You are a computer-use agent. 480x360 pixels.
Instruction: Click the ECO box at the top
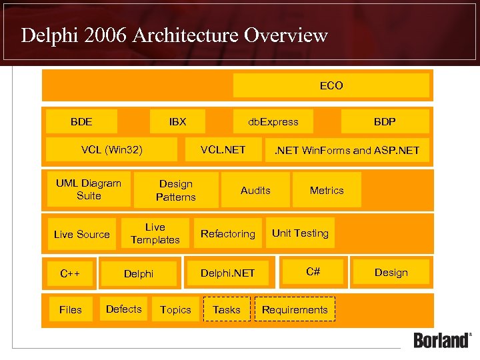click(x=331, y=85)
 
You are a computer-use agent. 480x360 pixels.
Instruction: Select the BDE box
click(x=81, y=121)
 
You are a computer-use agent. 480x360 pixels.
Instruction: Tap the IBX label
click(x=177, y=121)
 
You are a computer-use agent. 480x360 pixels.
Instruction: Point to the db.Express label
click(x=273, y=121)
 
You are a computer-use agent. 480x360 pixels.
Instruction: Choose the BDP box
click(x=385, y=121)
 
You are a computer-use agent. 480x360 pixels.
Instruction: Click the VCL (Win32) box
click(x=112, y=149)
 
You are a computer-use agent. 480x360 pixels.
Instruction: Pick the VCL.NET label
click(x=223, y=149)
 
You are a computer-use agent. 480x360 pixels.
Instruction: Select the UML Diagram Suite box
click(x=89, y=189)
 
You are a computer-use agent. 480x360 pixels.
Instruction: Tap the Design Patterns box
click(x=176, y=190)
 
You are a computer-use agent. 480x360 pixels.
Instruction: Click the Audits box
click(x=255, y=190)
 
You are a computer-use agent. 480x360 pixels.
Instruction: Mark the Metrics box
click(x=327, y=190)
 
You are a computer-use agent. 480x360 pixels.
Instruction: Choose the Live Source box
click(x=81, y=234)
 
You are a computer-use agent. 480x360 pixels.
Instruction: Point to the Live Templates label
click(x=155, y=233)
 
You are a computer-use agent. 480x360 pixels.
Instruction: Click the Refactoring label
click(x=228, y=233)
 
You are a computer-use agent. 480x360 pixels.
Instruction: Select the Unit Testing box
click(x=300, y=233)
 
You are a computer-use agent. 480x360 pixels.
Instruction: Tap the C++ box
click(x=70, y=273)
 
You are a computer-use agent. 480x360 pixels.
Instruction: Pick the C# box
click(x=313, y=271)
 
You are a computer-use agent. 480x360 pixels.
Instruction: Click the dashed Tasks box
click(x=226, y=309)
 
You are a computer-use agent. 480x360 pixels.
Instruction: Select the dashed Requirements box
click(x=295, y=309)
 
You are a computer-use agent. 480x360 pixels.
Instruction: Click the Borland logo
click(x=442, y=339)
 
